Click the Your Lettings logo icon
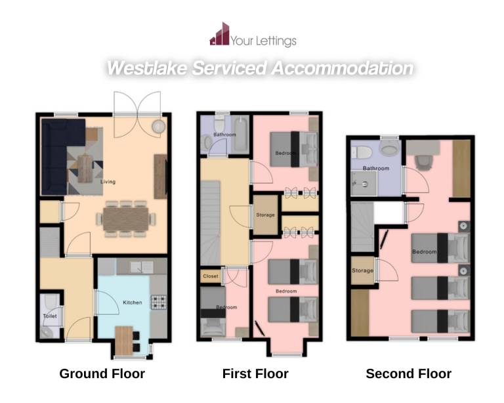220,33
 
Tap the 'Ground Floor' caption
102,373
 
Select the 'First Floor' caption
255,373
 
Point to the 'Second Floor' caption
409,373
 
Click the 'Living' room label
108,182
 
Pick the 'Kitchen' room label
133,303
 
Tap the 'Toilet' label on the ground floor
50,316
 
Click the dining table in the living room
126,219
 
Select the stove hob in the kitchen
159,302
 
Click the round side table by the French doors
158,126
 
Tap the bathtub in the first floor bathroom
240,135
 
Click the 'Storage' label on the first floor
266,215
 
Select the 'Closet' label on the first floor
211,276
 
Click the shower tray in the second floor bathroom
364,184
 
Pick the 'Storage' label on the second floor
362,270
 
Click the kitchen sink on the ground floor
142,267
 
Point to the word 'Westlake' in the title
146,68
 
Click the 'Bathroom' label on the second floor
376,169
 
